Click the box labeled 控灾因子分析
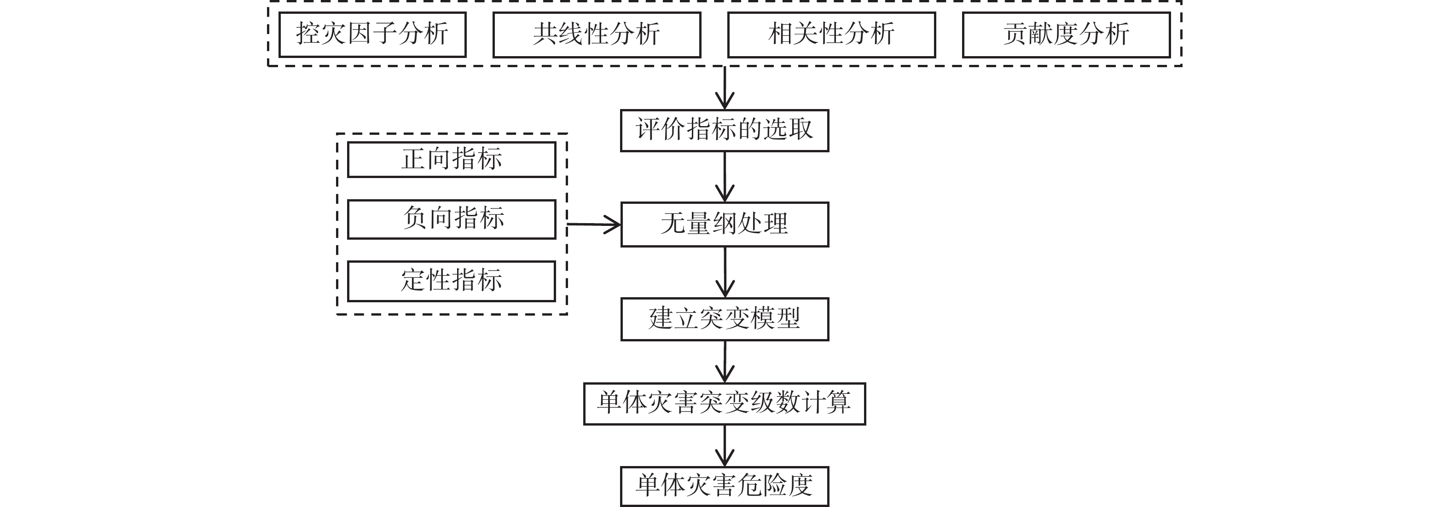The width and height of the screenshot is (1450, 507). coord(372,35)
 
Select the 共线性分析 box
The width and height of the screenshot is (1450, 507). coord(596,35)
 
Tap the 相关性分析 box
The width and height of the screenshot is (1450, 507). coord(831,35)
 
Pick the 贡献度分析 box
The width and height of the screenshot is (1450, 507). coord(1066,35)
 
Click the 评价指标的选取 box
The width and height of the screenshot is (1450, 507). coord(725,130)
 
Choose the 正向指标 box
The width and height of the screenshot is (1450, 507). coord(452,159)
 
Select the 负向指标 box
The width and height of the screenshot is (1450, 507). coord(452,219)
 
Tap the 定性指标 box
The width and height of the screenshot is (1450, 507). coord(452,281)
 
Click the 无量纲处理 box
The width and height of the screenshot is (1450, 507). coord(725,224)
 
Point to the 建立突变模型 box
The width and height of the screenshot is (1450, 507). coord(725,319)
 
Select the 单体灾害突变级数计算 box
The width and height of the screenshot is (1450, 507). coord(725,403)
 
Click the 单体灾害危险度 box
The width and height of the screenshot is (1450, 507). coord(725,486)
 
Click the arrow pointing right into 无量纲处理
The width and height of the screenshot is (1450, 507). coord(593,225)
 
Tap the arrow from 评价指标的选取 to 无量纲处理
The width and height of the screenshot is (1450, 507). coord(725,177)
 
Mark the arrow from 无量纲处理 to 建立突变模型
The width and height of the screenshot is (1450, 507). coord(725,272)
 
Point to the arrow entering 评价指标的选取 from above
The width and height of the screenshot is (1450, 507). coord(725,88)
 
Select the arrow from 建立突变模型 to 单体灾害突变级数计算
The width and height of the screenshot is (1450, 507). coord(725,362)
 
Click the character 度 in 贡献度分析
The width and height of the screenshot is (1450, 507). coord(1066,35)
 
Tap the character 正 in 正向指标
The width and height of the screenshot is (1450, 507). coord(413,159)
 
